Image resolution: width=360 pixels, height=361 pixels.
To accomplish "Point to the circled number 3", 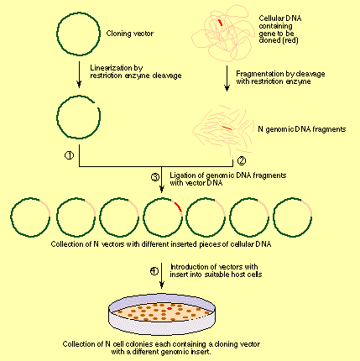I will pyautogui.click(x=154, y=177).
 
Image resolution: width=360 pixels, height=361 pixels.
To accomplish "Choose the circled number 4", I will pyautogui.click(x=154, y=271).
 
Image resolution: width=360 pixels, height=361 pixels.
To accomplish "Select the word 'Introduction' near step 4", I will pyautogui.click(x=184, y=268).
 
